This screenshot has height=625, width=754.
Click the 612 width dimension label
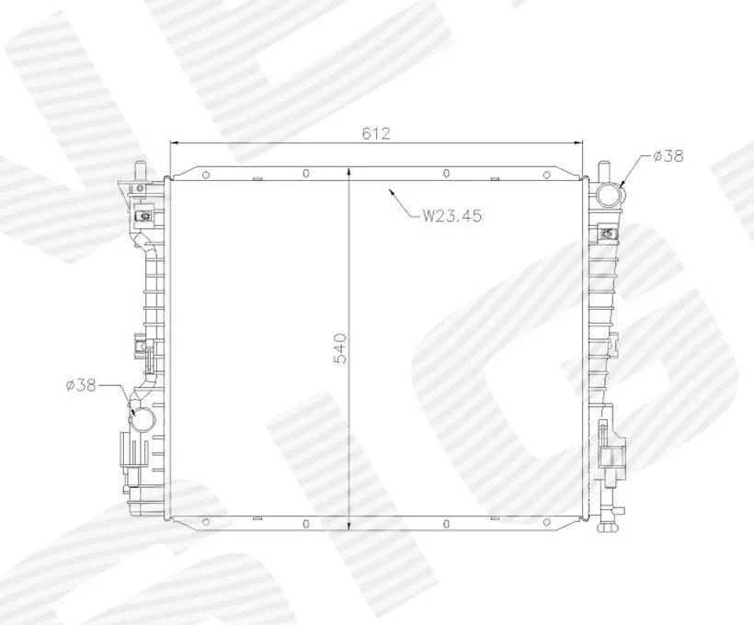376,133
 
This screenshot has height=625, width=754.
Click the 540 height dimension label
340,347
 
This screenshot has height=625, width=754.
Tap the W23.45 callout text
451,215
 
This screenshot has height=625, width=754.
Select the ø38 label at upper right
668,155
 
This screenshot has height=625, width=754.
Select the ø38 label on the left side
81,385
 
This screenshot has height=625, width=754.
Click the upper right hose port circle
610,196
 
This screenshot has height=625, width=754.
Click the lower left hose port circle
143,419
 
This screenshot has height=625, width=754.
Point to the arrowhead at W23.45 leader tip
393,192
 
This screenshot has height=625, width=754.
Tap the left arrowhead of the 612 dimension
175,142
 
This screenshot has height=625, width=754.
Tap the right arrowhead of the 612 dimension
577,142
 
